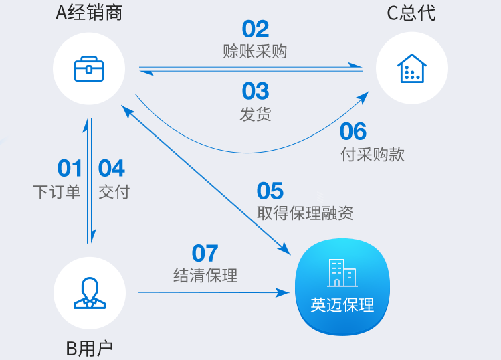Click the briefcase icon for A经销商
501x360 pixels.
89,69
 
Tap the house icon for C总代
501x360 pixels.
412,68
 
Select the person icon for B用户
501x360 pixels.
90,293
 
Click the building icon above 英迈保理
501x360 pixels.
342,273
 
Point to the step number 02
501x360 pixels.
256,29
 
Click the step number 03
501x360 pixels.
256,91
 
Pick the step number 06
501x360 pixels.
353,131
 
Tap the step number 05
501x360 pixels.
270,191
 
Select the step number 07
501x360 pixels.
205,253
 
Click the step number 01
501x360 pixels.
70,168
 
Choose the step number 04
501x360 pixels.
111,168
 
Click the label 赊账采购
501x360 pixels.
255,51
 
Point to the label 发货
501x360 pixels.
256,114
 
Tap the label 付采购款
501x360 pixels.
373,155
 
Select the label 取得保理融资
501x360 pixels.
305,213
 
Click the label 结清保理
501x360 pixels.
205,276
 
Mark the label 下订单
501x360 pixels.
57,192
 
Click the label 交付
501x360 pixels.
114,192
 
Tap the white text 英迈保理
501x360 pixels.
342,305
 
